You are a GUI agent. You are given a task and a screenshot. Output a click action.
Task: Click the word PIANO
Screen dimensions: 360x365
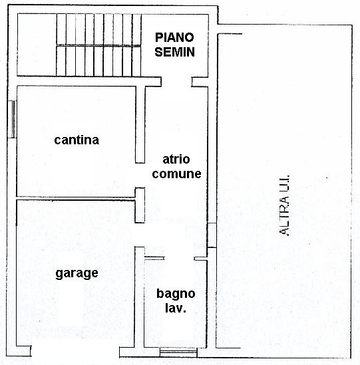click(x=174, y=37)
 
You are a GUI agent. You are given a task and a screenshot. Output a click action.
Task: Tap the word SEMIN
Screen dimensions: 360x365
click(x=175, y=52)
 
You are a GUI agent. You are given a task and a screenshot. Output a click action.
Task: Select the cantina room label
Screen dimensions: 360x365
click(x=77, y=140)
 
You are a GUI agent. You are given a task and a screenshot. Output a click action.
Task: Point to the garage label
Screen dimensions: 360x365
click(x=77, y=273)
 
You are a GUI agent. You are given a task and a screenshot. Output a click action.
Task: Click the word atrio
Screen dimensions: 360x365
click(x=176, y=160)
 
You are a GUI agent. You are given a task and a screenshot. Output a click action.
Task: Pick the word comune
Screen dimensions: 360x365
click(x=176, y=174)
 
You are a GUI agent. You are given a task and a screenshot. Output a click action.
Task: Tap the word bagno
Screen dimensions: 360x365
click(x=176, y=294)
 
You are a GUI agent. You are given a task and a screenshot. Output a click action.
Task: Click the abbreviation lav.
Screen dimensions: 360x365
click(x=176, y=308)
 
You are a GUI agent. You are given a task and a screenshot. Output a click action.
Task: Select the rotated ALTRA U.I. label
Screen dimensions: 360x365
click(x=285, y=205)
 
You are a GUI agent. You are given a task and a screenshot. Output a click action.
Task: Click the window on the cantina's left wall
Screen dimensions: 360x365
click(x=12, y=119)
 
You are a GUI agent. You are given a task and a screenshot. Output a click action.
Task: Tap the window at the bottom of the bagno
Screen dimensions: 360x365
click(x=178, y=352)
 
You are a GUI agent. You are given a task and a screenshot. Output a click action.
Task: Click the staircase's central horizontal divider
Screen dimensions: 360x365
click(x=98, y=45)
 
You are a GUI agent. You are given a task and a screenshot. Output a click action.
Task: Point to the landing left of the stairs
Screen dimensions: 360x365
click(x=37, y=45)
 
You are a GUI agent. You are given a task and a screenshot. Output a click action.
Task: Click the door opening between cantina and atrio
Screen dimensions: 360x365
click(x=140, y=176)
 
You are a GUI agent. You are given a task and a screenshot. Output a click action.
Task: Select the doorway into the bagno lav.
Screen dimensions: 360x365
click(x=180, y=259)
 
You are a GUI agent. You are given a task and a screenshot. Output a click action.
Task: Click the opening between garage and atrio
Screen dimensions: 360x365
click(x=140, y=235)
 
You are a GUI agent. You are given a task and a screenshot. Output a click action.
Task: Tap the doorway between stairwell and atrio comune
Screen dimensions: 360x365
click(x=176, y=82)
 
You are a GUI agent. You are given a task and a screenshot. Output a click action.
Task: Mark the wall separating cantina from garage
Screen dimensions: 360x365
click(x=76, y=198)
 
